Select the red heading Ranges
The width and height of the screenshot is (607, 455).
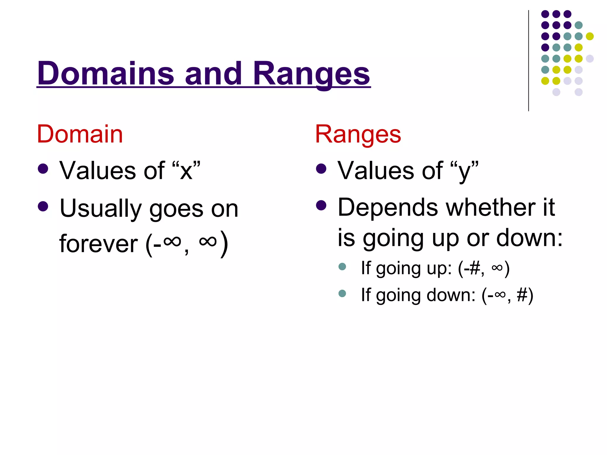click(x=358, y=134)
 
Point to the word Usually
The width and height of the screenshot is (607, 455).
click(x=100, y=209)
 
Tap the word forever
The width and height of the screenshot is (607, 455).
click(x=98, y=244)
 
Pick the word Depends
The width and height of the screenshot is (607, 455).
click(x=388, y=207)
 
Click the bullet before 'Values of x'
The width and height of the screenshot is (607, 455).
click(x=43, y=169)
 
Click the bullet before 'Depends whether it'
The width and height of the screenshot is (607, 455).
click(x=321, y=205)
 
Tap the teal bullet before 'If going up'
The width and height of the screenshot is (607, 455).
click(x=342, y=266)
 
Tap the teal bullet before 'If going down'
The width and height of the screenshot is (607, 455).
click(x=342, y=293)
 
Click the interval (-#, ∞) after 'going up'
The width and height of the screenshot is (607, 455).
click(x=484, y=268)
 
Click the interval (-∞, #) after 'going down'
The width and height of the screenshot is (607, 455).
click(x=507, y=295)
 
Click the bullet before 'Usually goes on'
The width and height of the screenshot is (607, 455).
click(x=43, y=206)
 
